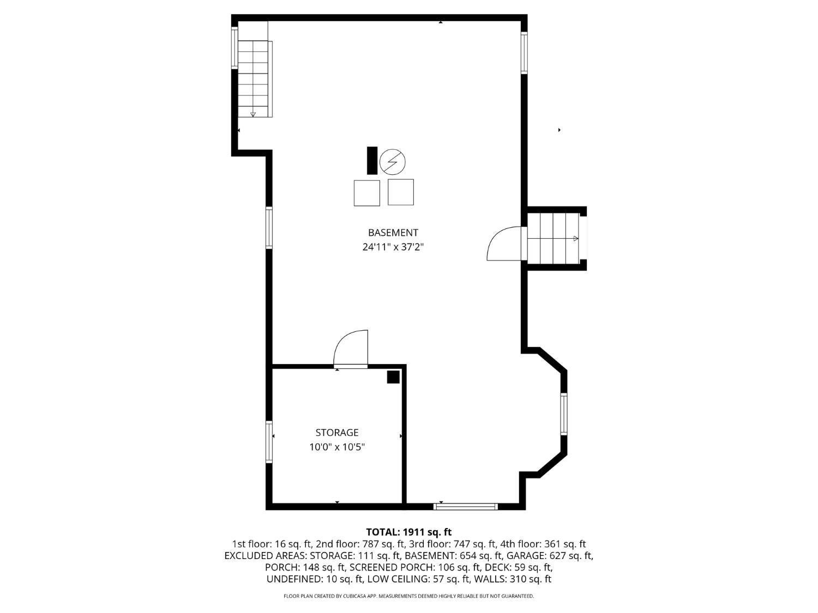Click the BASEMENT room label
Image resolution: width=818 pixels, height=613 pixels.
tap(393, 233)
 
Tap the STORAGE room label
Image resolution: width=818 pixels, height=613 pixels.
tap(337, 433)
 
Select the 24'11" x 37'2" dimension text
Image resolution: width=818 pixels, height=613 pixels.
tap(393, 247)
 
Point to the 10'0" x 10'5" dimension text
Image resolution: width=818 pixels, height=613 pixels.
tap(337, 447)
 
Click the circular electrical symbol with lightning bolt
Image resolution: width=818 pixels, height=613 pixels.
tap(393, 162)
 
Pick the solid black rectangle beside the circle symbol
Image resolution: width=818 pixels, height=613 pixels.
tap(372, 160)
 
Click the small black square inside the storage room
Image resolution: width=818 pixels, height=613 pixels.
tap(393, 377)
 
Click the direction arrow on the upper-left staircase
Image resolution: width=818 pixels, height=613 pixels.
tap(253, 114)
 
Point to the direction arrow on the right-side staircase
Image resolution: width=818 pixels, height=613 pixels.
tap(576, 239)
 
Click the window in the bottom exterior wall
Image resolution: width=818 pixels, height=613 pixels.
tap(466, 506)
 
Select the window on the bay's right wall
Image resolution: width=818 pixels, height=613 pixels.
tap(564, 414)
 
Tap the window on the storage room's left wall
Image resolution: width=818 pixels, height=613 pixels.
tap(269, 442)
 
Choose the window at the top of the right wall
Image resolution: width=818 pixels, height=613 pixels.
tap(524, 52)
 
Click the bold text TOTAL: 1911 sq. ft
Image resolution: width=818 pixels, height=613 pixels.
tap(409, 532)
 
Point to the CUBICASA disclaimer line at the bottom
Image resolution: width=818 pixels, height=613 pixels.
tap(409, 596)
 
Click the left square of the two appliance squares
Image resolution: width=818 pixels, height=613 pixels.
tap(366, 193)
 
